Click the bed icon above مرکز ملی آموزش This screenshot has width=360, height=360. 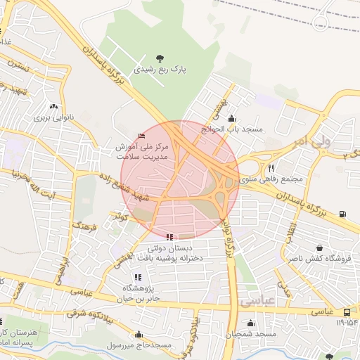click(x=143, y=136)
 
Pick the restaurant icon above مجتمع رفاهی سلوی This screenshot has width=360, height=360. click(x=271, y=168)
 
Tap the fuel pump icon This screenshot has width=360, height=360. click(x=342, y=214)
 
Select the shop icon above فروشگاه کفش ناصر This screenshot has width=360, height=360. click(x=320, y=247)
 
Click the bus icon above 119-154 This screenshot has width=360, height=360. click(x=347, y=312)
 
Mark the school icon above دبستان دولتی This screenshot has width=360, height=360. click(x=169, y=238)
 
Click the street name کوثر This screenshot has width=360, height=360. click(x=122, y=219)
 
